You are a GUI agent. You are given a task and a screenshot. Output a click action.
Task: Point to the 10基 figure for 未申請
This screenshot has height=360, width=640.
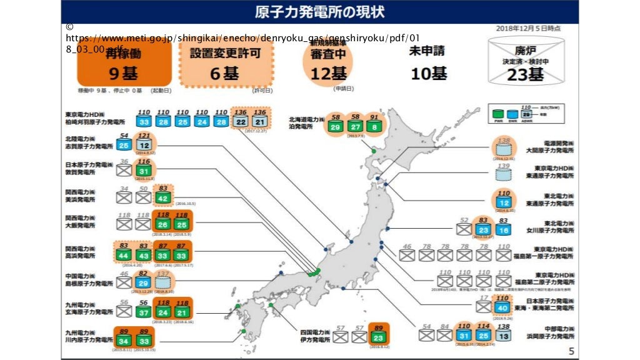429,73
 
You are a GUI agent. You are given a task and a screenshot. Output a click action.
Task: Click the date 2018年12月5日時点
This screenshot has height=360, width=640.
527,28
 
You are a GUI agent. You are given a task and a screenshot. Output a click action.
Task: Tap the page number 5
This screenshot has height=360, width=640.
571,350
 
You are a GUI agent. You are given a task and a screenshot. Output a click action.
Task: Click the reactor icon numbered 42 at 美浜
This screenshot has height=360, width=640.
164,199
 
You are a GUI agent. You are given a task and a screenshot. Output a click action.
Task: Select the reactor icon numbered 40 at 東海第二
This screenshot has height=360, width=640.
502,307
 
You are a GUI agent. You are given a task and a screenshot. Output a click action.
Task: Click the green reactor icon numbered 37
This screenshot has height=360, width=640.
144,312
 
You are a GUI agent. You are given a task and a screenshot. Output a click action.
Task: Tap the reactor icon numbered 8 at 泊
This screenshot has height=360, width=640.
374,127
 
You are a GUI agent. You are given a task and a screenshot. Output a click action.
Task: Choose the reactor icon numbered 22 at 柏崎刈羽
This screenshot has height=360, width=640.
241,121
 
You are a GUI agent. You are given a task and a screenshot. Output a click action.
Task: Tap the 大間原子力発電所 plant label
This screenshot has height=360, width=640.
549,150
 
